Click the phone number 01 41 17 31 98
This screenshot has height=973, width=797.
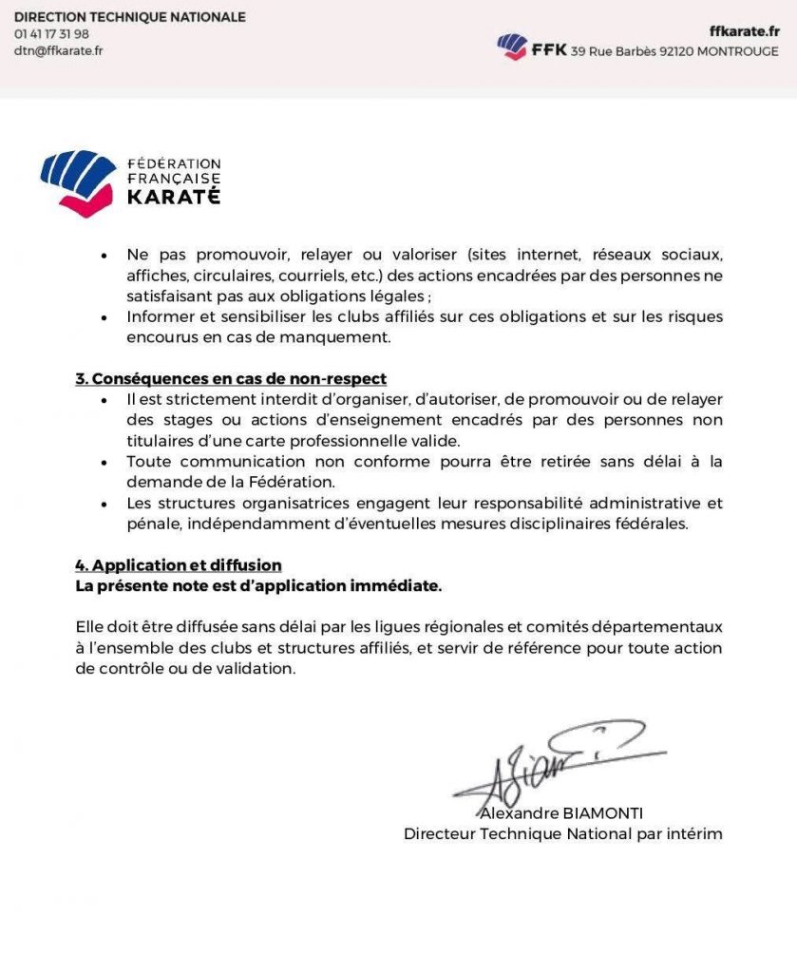pyautogui.click(x=51, y=34)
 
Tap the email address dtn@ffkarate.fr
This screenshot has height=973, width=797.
pyautogui.click(x=58, y=51)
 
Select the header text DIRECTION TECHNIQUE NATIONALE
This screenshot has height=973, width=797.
pyautogui.click(x=129, y=17)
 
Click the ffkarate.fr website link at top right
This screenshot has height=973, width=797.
pyautogui.click(x=744, y=31)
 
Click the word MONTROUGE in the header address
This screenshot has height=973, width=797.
pyautogui.click(x=737, y=52)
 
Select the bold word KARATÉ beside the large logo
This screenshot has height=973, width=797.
pyautogui.click(x=174, y=197)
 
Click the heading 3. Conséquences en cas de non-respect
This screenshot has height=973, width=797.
pyautogui.click(x=231, y=378)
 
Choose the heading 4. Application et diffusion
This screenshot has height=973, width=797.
pyautogui.click(x=179, y=565)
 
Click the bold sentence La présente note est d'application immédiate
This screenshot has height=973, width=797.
pyautogui.click(x=258, y=585)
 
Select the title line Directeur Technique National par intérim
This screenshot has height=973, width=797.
pyautogui.click(x=563, y=834)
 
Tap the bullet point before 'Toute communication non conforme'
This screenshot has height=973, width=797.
pyautogui.click(x=104, y=463)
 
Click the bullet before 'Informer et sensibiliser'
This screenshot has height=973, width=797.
pyautogui.click(x=104, y=317)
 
